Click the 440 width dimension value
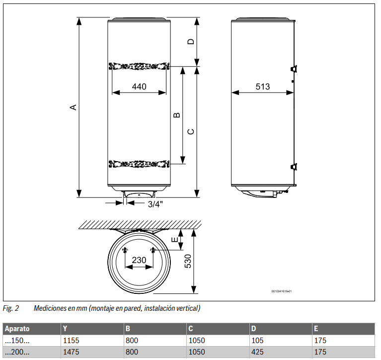coord(139,87)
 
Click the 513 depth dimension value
coord(263,87)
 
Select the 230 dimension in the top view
coord(139,260)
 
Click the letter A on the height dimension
coord(73,107)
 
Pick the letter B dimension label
coord(176,115)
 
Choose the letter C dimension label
coord(190,131)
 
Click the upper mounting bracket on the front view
coord(139,66)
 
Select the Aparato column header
coord(17,329)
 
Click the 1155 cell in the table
coord(71,341)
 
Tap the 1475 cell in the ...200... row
coord(71,353)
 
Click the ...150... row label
coord(17,341)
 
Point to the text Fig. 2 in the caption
coord(10,309)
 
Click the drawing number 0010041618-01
coord(282,291)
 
